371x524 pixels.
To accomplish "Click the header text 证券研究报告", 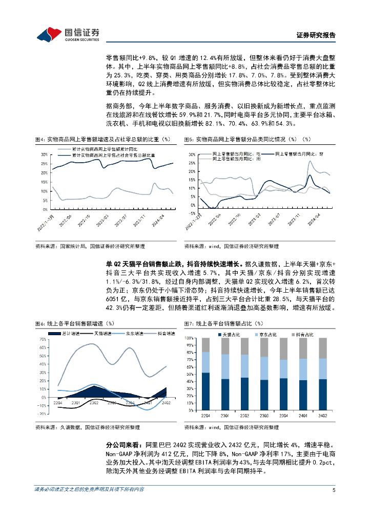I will point(316,35).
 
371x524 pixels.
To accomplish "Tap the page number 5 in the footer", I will point(334,490).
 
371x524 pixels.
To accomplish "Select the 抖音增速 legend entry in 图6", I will point(157,334).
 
